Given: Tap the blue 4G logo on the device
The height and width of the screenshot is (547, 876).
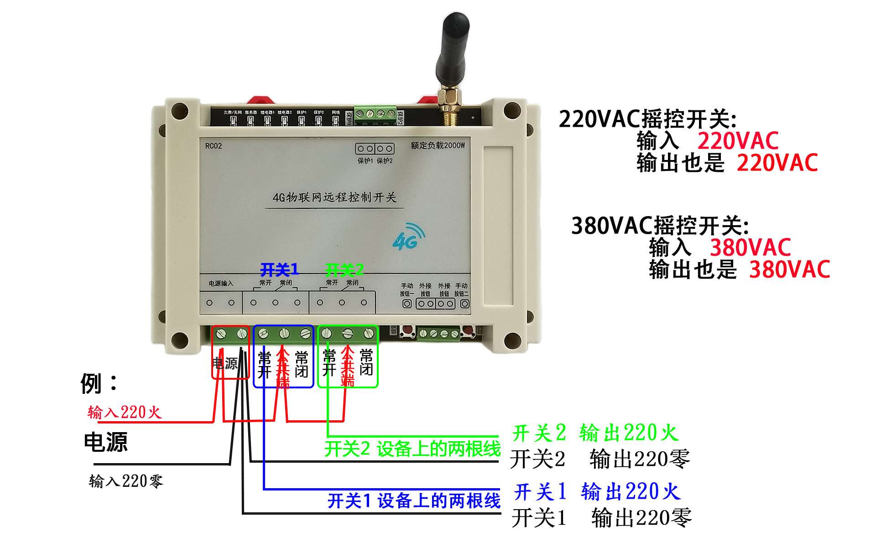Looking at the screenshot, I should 407,237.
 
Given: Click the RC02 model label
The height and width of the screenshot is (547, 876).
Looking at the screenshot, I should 213,146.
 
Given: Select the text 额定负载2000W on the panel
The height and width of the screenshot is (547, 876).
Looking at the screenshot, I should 438,145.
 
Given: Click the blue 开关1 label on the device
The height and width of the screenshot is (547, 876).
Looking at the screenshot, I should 279,270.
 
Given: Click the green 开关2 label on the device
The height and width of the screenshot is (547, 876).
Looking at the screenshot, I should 344,270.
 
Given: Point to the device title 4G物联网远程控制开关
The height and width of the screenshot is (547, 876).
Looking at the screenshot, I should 334,197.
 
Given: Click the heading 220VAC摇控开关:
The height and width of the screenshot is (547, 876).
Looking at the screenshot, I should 647,119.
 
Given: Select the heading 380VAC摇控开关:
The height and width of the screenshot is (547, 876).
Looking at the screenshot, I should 660,226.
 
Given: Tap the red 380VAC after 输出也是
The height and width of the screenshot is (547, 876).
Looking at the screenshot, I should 789,269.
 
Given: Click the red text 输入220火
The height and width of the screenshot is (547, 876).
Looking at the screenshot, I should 125,412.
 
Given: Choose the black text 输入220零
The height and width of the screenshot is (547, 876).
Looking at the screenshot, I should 126,481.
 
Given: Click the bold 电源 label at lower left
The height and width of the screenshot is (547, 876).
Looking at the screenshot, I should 106,442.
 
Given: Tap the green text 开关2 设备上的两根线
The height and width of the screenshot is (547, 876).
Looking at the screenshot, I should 412,449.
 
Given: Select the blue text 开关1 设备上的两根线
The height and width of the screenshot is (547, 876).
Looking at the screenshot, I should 413,501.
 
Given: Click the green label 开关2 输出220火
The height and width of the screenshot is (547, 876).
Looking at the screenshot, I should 595,433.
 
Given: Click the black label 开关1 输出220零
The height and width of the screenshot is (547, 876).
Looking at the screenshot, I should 601,518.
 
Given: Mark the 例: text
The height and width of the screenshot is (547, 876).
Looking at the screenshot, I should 99,383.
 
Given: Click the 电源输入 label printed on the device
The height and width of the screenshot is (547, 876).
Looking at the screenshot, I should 221,284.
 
